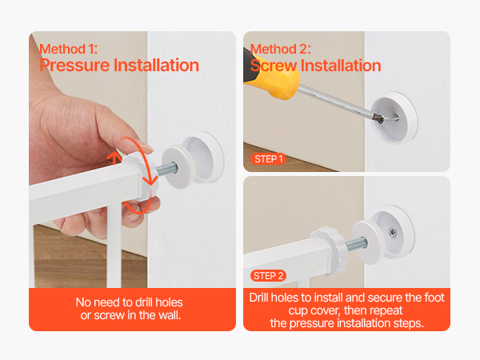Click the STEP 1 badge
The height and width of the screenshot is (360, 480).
pyautogui.click(x=268, y=159)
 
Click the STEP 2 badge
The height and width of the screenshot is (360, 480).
pyautogui.click(x=268, y=276)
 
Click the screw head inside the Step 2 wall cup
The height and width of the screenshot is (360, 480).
pyautogui.click(x=392, y=233)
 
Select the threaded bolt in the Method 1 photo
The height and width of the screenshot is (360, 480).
pyautogui.click(x=167, y=169)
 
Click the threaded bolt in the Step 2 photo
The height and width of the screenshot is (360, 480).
pyautogui.click(x=356, y=244)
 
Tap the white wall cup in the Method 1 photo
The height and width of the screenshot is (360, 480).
pyautogui.click(x=202, y=158)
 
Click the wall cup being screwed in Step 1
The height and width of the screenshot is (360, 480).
pyautogui.click(x=394, y=118)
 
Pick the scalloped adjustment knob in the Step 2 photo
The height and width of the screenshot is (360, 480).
pyautogui.click(x=330, y=251)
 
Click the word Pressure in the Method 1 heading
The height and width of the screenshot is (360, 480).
pyautogui.click(x=74, y=66)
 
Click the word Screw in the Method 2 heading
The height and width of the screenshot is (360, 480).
pyautogui.click(x=273, y=66)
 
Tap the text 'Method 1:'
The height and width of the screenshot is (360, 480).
pyautogui.click(x=69, y=49)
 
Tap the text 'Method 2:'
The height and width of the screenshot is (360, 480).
pyautogui.click(x=281, y=49)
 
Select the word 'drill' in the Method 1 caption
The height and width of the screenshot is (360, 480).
pyautogui.click(x=144, y=302)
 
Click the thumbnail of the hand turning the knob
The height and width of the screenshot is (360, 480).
pyautogui.click(x=132, y=159)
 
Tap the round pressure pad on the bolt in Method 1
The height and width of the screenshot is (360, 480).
pyautogui.click(x=177, y=167)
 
